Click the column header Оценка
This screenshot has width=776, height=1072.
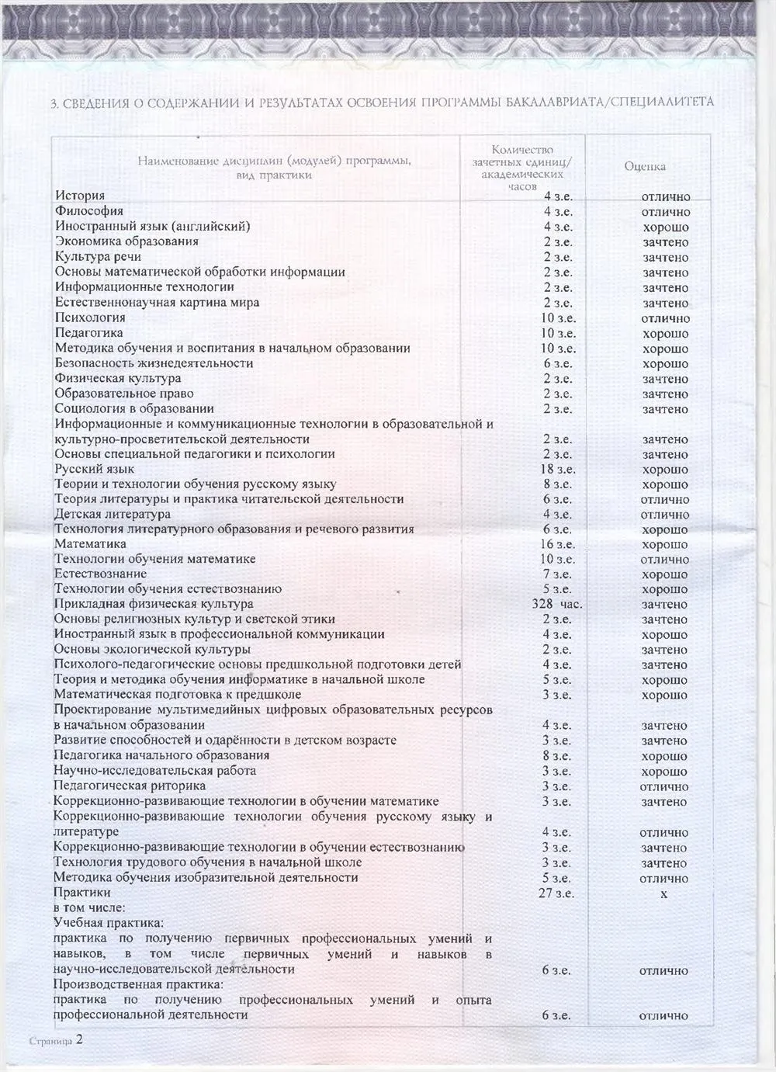coord(645,166)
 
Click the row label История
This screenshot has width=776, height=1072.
coord(79,196)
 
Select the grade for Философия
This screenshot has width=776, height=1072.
coord(666,212)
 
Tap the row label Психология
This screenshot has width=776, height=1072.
coord(90,317)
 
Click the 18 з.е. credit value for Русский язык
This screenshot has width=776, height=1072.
coord(558,469)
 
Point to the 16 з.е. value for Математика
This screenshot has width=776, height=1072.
coord(558,544)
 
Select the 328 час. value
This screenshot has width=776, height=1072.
coord(557,604)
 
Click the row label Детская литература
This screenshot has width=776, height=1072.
coord(113,514)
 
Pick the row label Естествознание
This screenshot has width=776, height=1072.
coord(100,574)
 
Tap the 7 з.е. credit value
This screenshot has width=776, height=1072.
coord(558,574)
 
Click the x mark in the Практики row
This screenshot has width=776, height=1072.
coord(664,894)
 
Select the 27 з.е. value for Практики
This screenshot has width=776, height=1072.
coord(557,893)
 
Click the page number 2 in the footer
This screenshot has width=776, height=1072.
coord(78,1040)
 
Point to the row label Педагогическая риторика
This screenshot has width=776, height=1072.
coord(130,786)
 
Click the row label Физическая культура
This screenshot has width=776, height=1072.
coord(118,378)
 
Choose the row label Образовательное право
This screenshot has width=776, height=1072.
coord(124,394)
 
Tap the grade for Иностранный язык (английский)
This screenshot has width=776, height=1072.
coord(665,227)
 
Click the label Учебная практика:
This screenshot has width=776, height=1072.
coord(109,923)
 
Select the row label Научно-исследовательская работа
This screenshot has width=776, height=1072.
coord(154,771)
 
